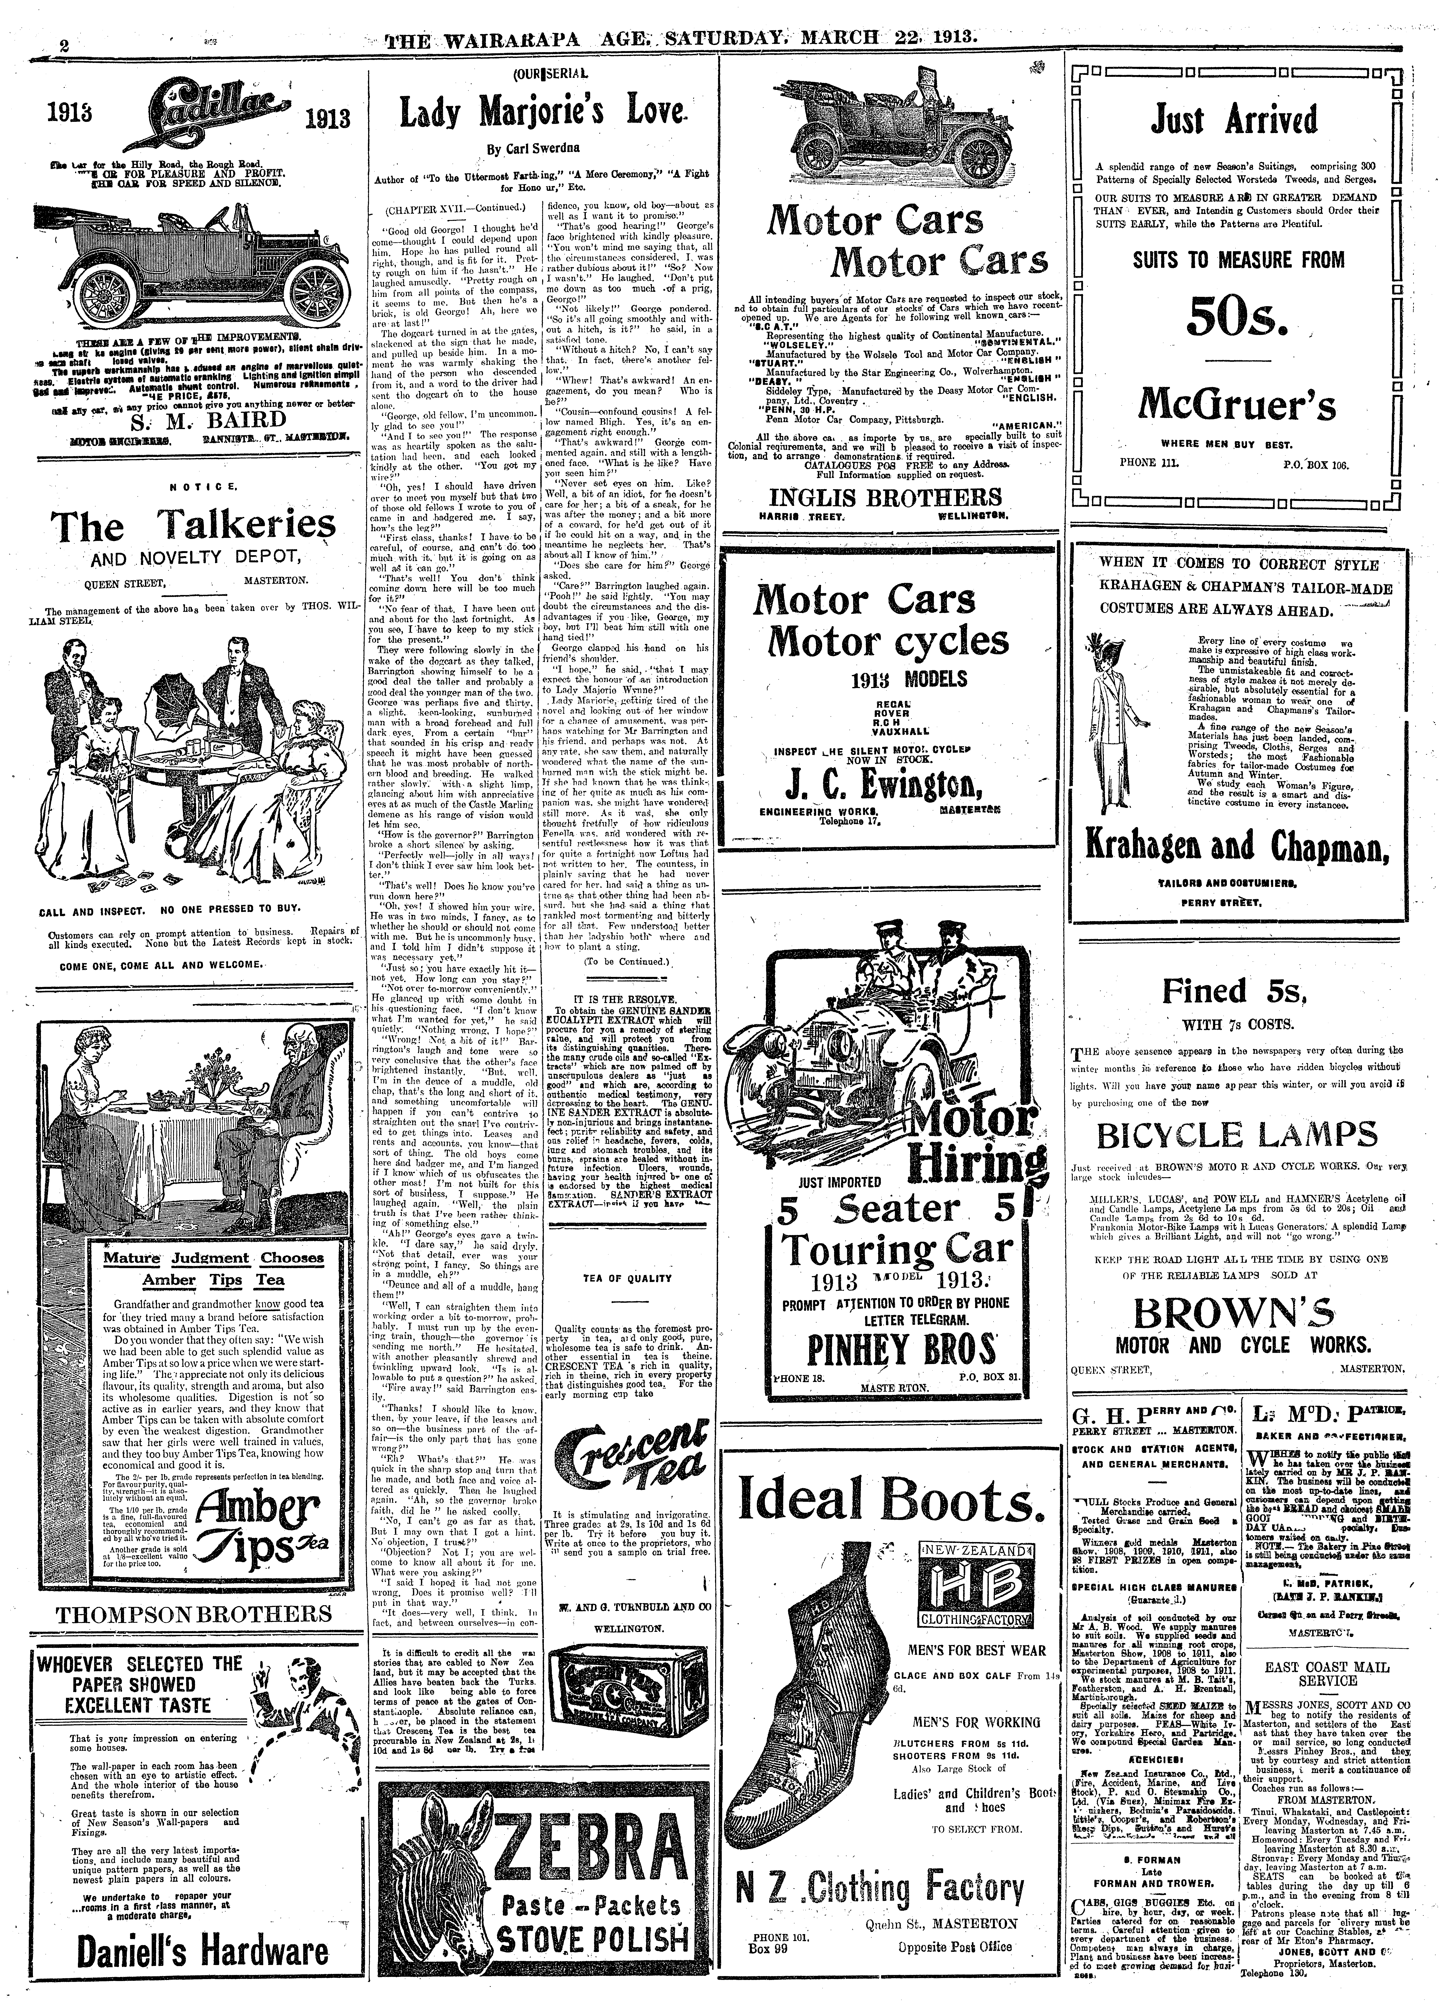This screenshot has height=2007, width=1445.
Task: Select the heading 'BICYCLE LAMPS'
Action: [x=1236, y=1134]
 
